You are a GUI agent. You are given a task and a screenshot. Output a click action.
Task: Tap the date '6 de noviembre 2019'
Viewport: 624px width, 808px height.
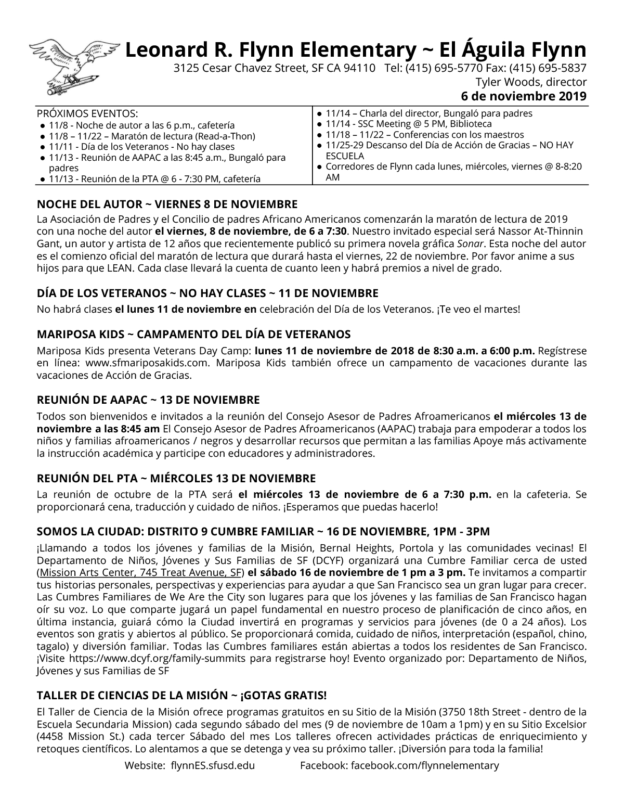click(524, 96)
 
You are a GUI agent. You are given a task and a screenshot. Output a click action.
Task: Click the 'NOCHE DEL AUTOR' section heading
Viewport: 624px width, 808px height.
click(167, 204)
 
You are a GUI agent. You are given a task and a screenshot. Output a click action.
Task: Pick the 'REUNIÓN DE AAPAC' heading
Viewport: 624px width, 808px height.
click(148, 400)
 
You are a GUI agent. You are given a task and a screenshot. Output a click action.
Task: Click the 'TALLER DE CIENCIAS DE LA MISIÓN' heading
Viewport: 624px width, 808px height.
click(182, 696)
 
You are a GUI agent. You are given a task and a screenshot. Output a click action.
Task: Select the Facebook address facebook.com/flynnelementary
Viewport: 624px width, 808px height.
click(425, 765)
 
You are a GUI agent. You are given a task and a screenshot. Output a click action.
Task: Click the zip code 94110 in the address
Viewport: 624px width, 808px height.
click(360, 68)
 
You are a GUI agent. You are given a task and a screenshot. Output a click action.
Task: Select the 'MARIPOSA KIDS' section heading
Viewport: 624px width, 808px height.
click(194, 334)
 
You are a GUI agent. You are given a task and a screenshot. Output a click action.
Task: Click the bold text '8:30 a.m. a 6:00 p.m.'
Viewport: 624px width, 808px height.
click(484, 351)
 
